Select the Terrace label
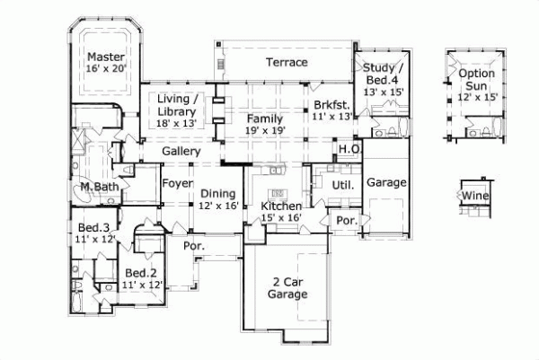point(287,63)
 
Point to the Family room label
point(265,118)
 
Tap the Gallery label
point(181,152)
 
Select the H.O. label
point(349,149)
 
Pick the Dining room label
point(217,193)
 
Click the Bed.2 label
point(142,273)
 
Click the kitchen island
point(277,192)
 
